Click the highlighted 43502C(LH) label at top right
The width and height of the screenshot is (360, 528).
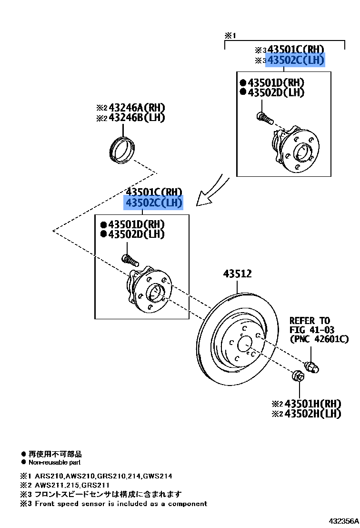[x=295, y=60]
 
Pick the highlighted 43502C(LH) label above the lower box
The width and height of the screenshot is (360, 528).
[x=153, y=203]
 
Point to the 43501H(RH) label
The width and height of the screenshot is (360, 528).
[x=313, y=403]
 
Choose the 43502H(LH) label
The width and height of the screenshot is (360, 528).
[x=313, y=414]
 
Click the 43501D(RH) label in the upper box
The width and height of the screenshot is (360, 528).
[x=276, y=83]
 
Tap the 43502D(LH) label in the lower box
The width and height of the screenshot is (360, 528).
[x=136, y=234]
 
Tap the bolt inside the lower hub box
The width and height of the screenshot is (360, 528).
[x=129, y=260]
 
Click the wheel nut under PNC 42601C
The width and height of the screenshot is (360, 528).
[x=312, y=367]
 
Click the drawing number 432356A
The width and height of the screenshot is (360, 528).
[x=342, y=521]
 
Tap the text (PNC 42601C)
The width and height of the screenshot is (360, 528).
[x=319, y=339]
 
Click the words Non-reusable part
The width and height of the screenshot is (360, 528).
[x=54, y=462]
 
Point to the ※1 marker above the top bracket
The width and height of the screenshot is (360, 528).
[x=230, y=36]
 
